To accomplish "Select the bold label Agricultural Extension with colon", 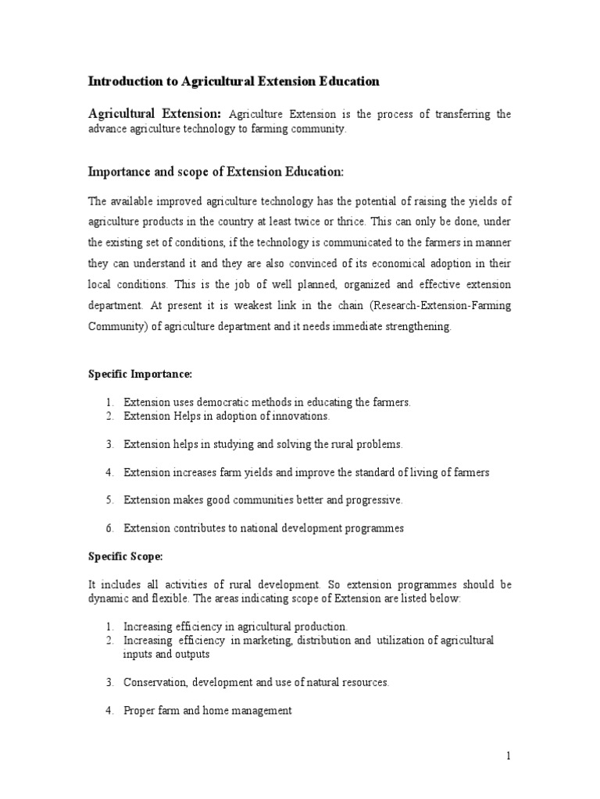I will click(x=154, y=114).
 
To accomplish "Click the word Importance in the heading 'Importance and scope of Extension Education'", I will click(x=122, y=171).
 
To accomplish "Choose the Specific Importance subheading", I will click(x=128, y=374).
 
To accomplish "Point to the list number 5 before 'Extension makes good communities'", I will click(x=110, y=500).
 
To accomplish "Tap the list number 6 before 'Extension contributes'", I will click(x=110, y=528).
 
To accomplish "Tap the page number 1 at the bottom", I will click(x=507, y=755).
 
